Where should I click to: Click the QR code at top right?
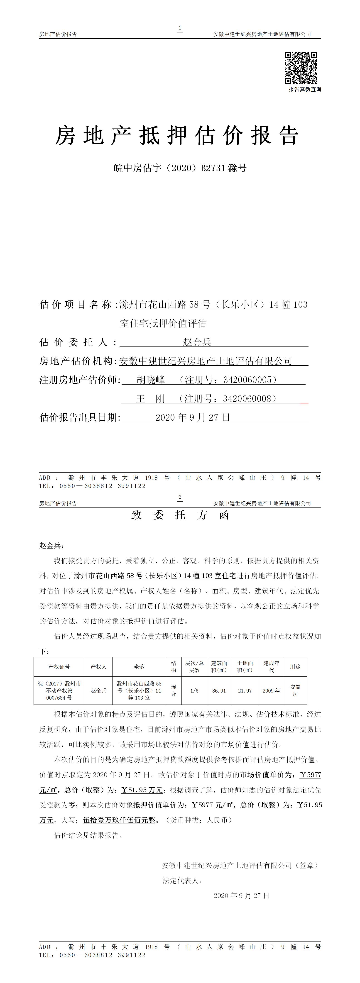pos(301,68)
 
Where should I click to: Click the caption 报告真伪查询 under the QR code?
pos(305,89)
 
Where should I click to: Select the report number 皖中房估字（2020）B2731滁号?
pos(180,168)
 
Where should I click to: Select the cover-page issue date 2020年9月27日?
pos(193,417)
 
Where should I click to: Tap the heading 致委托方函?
pos(180,515)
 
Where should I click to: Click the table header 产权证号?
pos(59,667)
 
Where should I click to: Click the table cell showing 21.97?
pos(245,691)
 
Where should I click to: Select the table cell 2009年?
pos(272,691)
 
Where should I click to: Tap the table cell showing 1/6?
pos(194,691)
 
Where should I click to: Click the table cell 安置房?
pos(295,691)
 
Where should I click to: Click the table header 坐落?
pos(139,667)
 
